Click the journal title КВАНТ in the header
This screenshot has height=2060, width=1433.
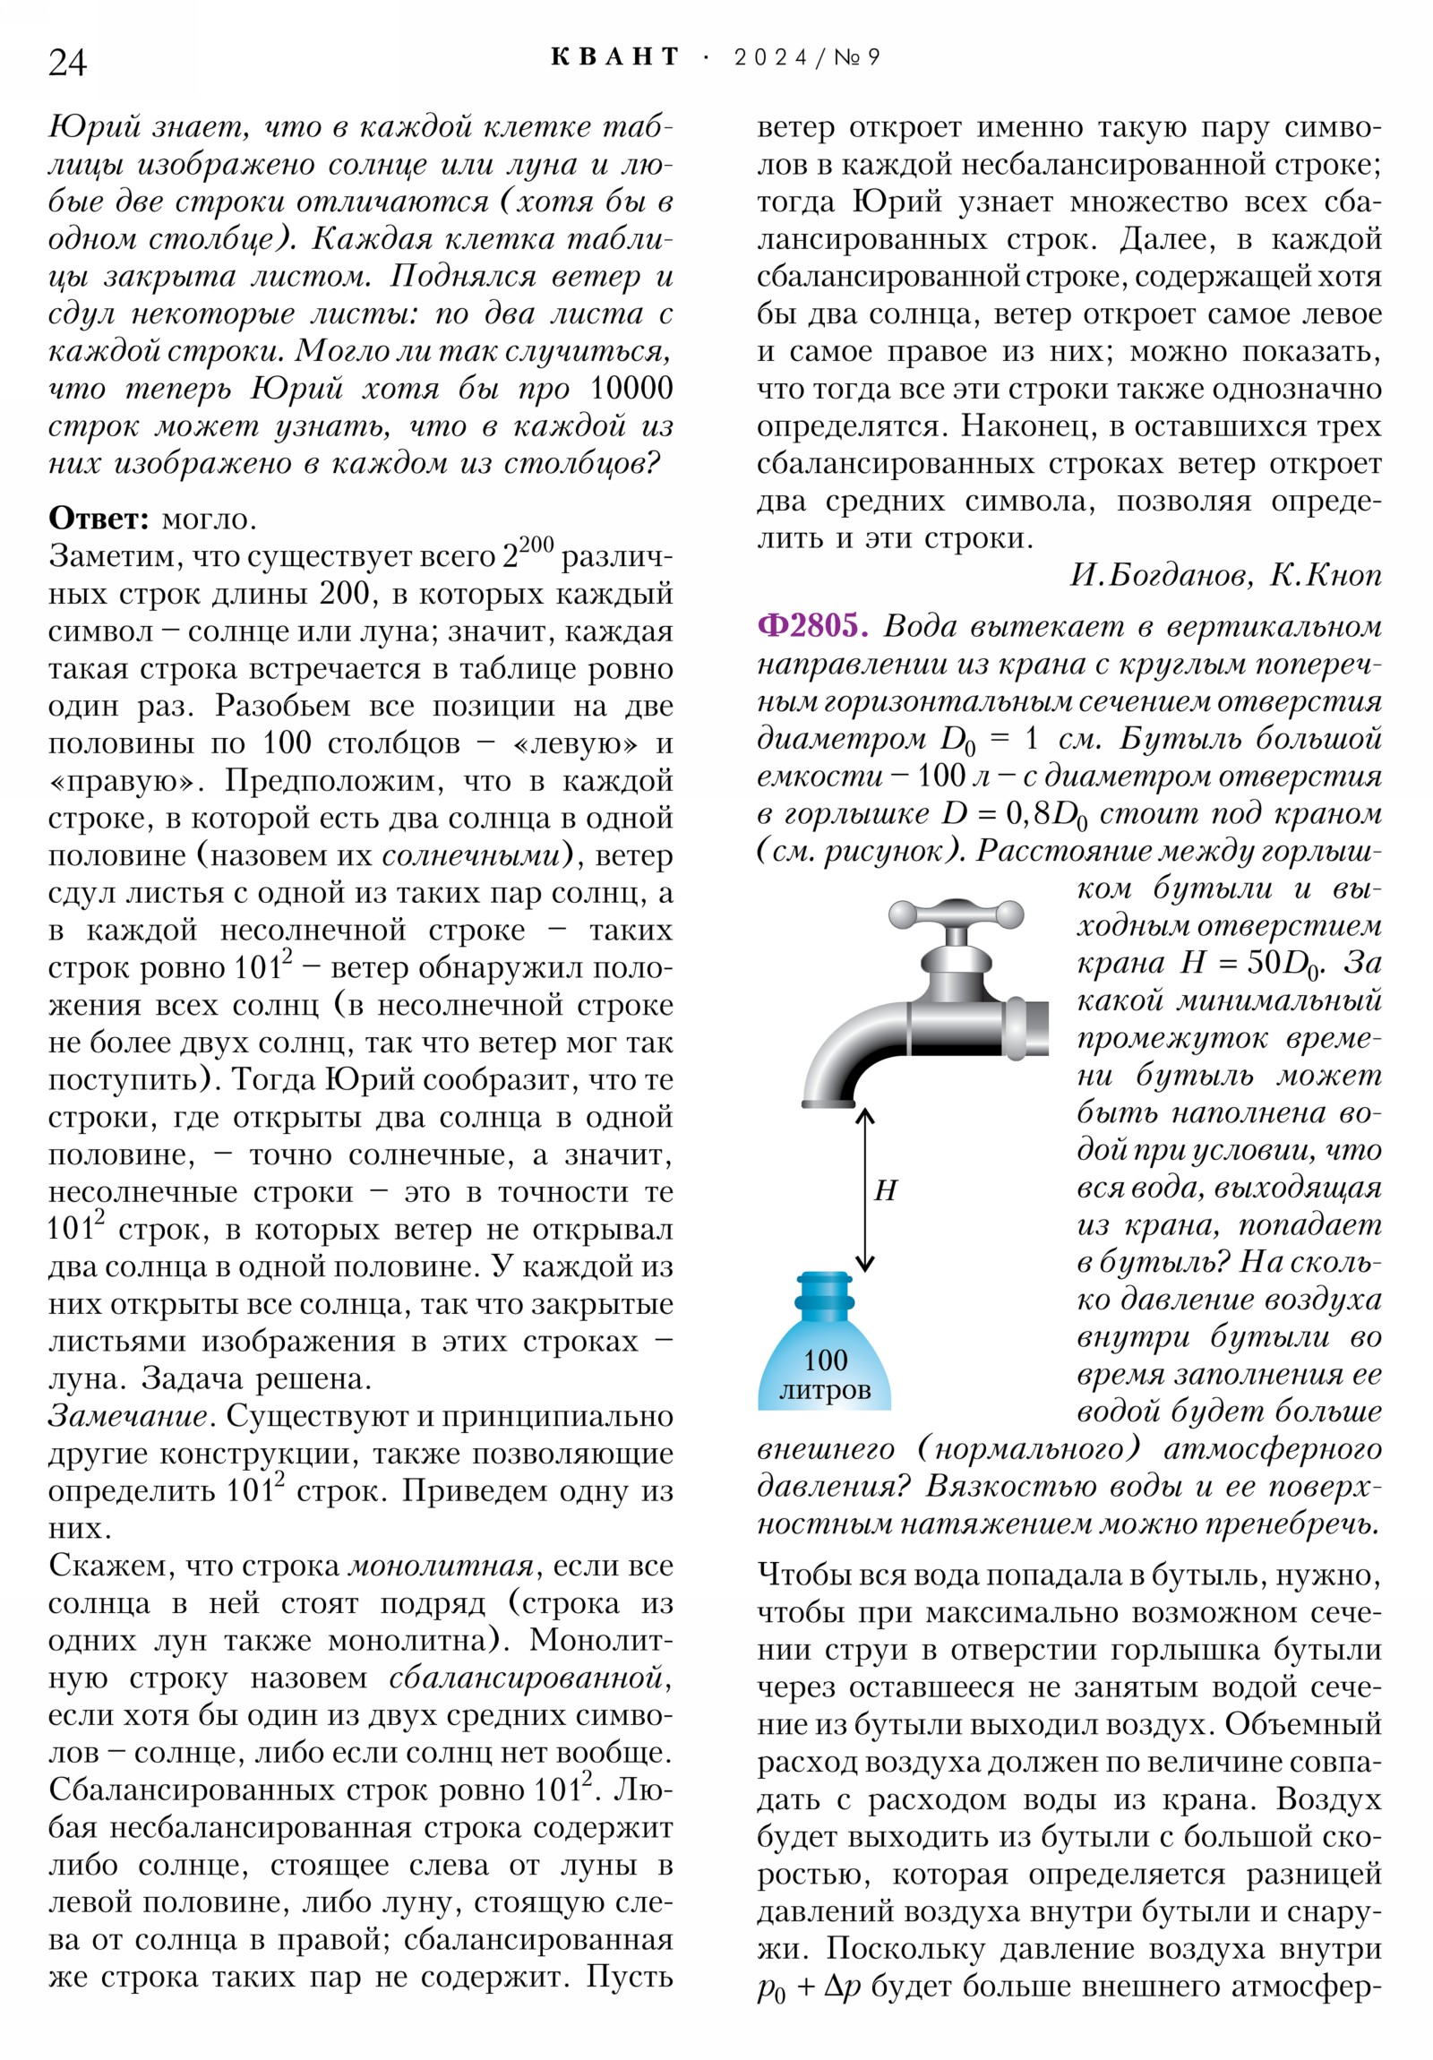[614, 57]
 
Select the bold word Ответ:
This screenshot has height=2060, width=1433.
[99, 519]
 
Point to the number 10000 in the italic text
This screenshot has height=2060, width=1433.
[631, 389]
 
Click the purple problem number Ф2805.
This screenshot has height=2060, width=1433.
[812, 625]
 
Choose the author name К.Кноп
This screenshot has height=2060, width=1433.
[1326, 575]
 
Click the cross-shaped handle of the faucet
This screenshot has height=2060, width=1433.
[956, 914]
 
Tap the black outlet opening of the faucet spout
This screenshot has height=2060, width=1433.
[828, 1103]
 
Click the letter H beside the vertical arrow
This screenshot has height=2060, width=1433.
[885, 1190]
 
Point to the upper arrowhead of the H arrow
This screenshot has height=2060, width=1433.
[864, 1116]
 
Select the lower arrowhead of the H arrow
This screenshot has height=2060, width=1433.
[864, 1264]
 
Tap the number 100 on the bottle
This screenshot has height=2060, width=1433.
[825, 1360]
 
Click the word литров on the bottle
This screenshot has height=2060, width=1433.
[825, 1390]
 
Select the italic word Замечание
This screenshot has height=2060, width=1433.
[128, 1417]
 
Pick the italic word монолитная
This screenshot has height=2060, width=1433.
[441, 1566]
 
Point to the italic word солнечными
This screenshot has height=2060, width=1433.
[471, 856]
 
